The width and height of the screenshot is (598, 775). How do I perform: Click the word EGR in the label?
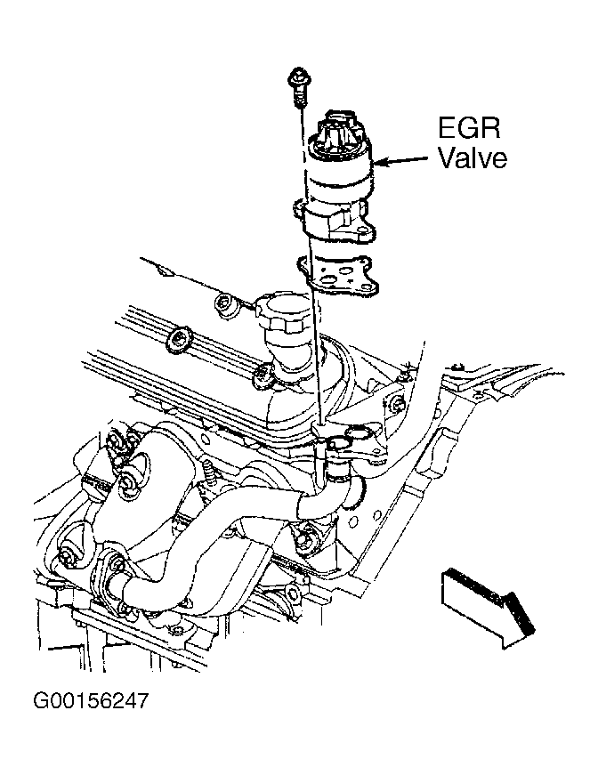[x=469, y=127]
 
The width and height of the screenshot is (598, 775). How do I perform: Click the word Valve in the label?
[x=473, y=158]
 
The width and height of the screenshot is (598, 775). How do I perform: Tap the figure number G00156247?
[x=91, y=701]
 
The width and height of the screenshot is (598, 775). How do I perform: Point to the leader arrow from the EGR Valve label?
[x=403, y=160]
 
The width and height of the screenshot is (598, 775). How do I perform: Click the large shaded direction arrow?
[x=488, y=608]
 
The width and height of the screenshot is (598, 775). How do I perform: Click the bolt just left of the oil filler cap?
[x=225, y=304]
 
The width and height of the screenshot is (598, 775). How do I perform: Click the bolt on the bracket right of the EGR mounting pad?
[x=397, y=405]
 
